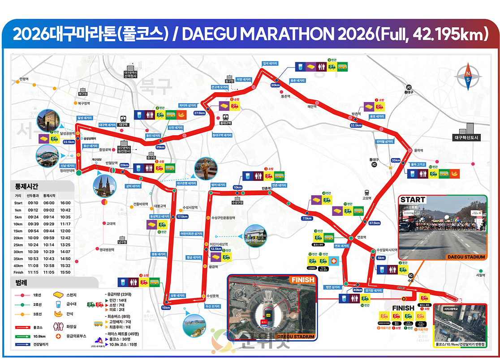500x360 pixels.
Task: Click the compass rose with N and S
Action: pyautogui.click(x=468, y=78)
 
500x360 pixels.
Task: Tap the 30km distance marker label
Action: pyautogui.click(x=275, y=85)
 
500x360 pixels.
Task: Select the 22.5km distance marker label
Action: pyautogui.click(x=69, y=142)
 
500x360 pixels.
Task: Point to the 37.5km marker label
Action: pyautogui.click(x=375, y=223)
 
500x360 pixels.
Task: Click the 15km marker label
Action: pyautogui.click(x=166, y=308)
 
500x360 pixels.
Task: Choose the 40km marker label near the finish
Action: pyautogui.click(x=358, y=290)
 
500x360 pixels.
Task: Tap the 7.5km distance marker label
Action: pyautogui.click(x=307, y=219)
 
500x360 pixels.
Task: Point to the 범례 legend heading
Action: pyautogui.click(x=21, y=283)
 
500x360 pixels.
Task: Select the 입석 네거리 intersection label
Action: pyautogui.click(x=270, y=64)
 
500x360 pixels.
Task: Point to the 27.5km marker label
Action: pyautogui.click(x=199, y=113)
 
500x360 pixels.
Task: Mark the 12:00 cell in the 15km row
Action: pyautogui.click(x=65, y=231)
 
